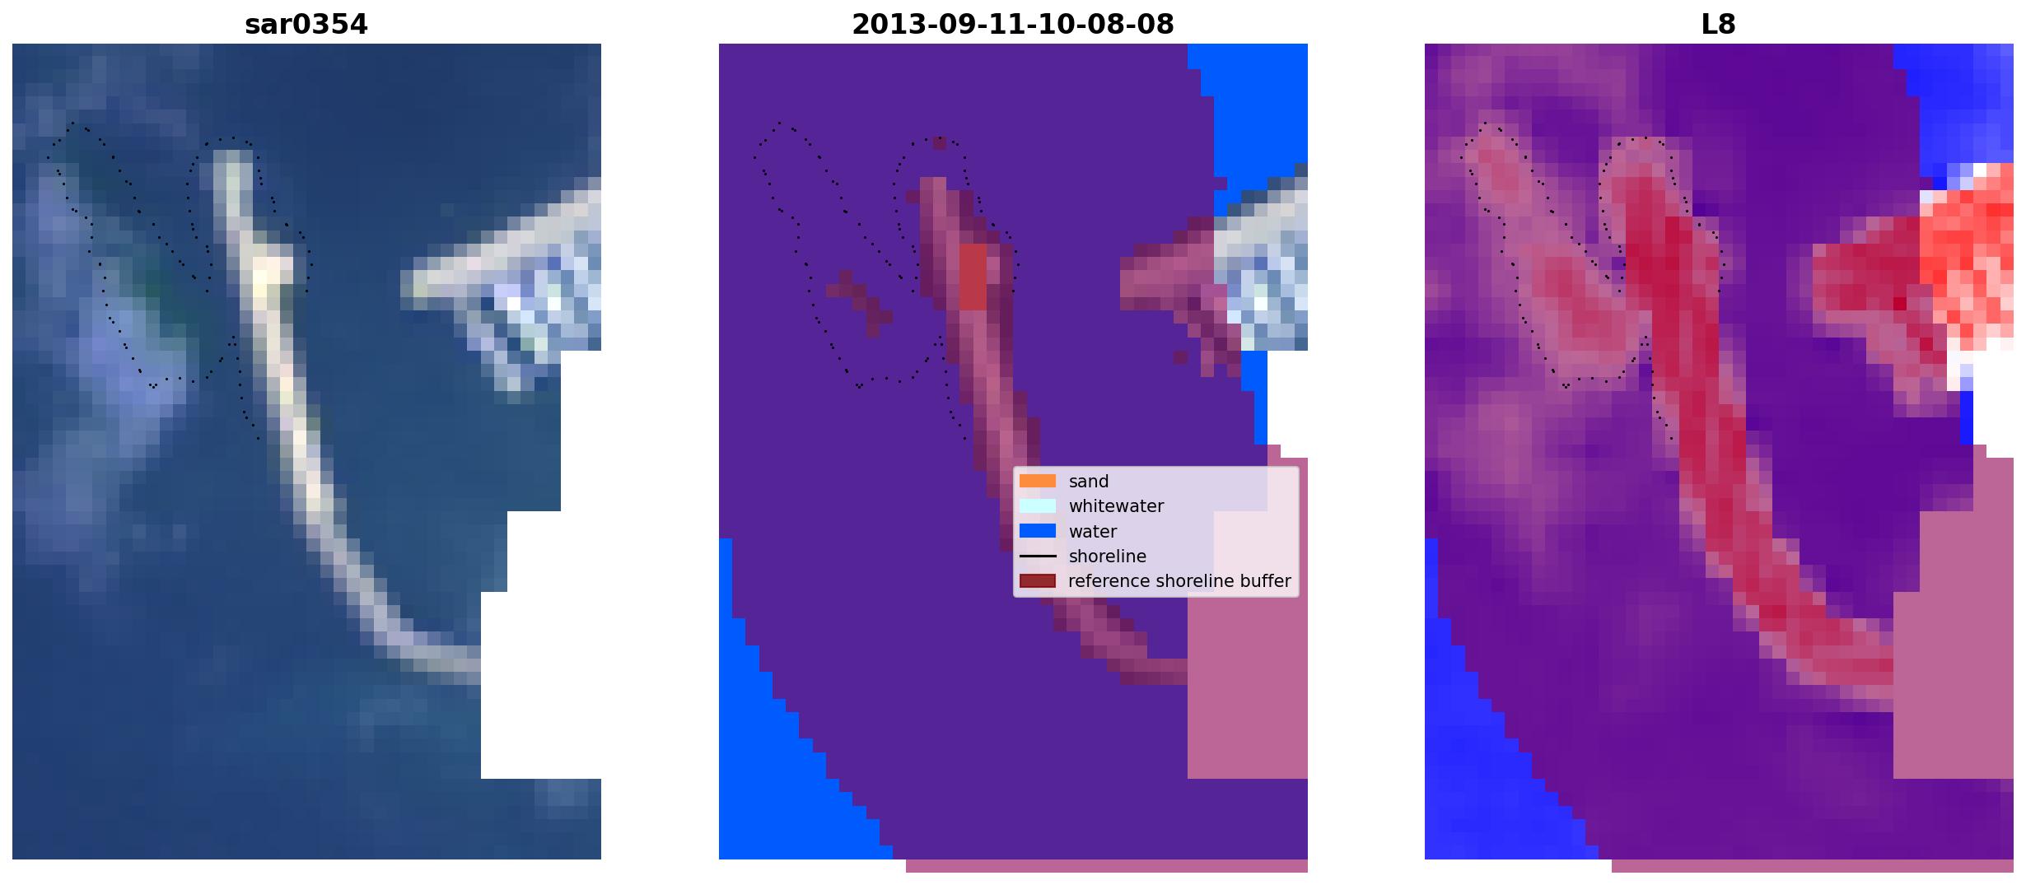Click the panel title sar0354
point(306,25)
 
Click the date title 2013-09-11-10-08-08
point(1013,25)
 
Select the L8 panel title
point(1719,25)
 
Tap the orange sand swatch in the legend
point(1038,481)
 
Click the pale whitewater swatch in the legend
point(1038,505)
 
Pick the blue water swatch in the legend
point(1038,531)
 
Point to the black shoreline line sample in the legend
point(1038,557)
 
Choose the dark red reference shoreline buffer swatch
point(1038,581)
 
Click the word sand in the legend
point(1089,482)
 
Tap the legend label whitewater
point(1116,506)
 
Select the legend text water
point(1093,532)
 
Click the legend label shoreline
point(1108,557)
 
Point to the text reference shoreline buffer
point(1179,581)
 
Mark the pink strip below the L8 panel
point(1812,866)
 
